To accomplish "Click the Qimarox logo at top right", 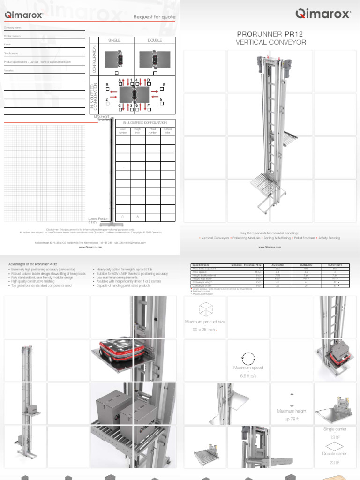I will coord(323,14).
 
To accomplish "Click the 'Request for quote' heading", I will coord(155,17).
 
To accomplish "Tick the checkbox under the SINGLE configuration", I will coord(116,73).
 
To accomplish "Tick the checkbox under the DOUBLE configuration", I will coord(155,73).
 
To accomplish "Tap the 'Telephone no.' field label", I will coord(12,53).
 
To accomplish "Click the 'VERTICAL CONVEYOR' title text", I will coord(270,43).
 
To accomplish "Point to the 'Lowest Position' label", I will coord(98,219).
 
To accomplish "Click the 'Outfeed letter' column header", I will coord(167,131).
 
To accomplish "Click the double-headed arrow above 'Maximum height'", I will coord(292,400).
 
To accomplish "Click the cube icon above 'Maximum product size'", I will coord(204,310).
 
